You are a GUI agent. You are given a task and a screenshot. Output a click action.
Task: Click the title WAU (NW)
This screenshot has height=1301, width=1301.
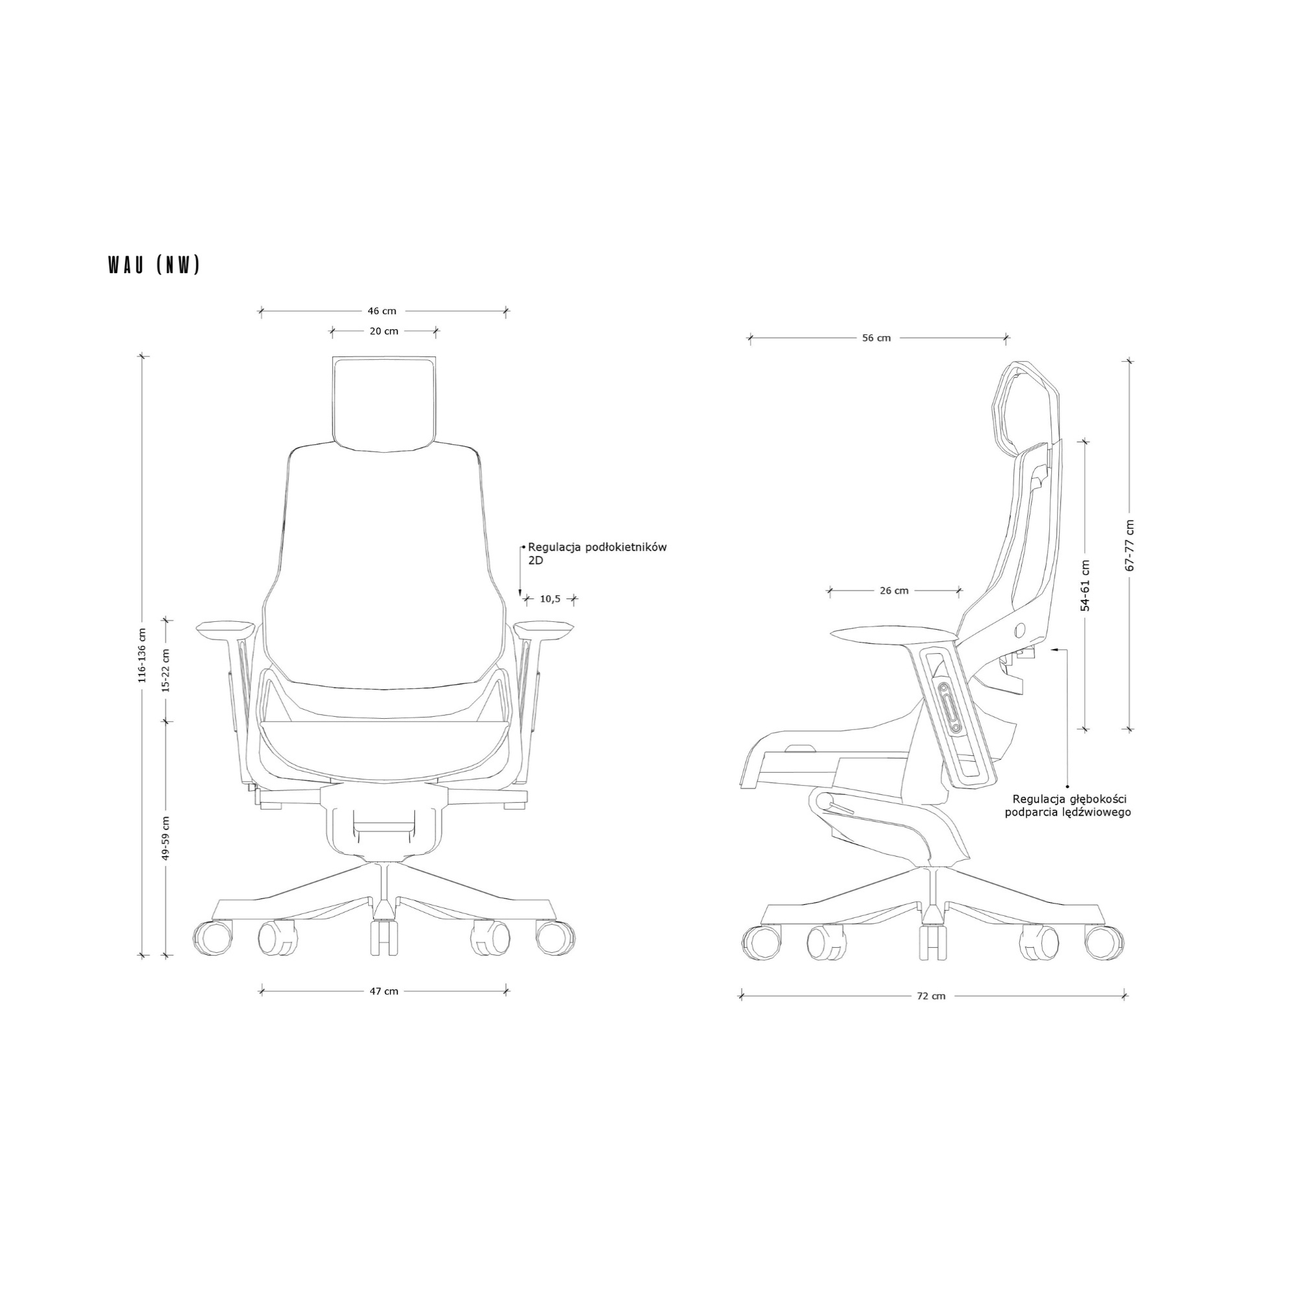[154, 265]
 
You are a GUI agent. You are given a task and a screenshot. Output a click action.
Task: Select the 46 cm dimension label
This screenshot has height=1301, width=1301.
[382, 311]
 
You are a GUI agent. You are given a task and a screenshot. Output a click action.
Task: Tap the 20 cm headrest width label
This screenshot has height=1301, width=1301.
[384, 330]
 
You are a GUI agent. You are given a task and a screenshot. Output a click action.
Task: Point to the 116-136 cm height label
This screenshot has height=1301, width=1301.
[142, 655]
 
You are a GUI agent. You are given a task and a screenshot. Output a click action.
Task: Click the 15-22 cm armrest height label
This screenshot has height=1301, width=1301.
[167, 671]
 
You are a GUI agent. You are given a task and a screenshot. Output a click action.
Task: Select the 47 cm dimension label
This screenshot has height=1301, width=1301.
[384, 991]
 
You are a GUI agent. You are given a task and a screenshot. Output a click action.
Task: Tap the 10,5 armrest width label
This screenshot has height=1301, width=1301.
[550, 598]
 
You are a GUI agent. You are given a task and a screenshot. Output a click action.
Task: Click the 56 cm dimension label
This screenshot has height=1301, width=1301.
[877, 338]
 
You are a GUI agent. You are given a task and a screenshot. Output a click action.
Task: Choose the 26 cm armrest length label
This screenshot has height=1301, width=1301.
[894, 591]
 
